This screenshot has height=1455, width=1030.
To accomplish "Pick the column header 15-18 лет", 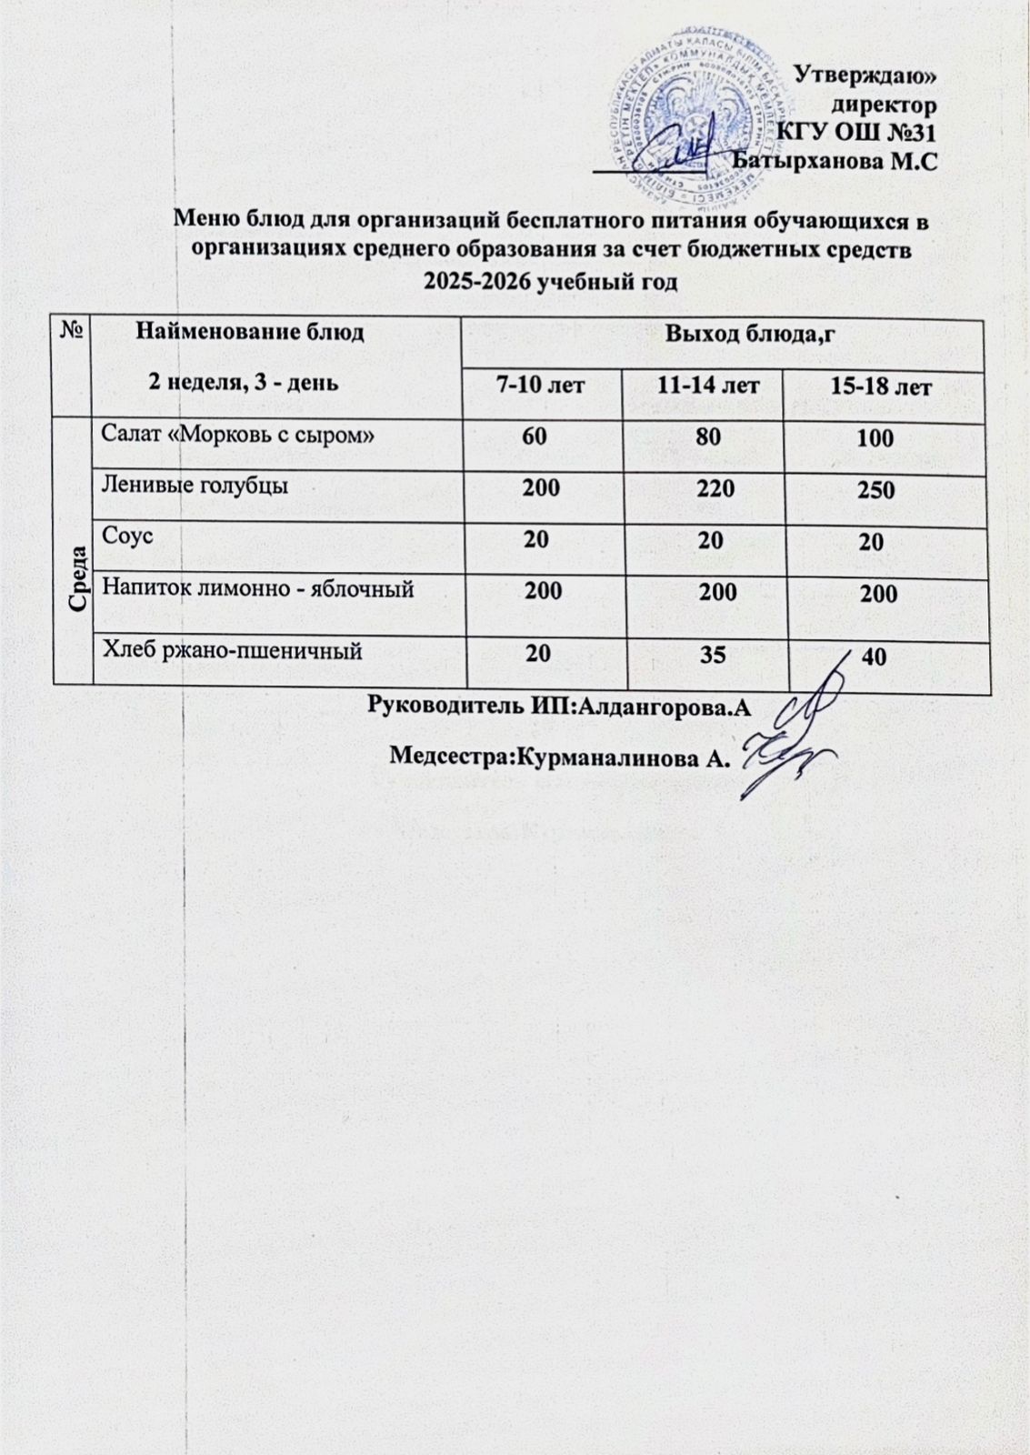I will (x=881, y=387).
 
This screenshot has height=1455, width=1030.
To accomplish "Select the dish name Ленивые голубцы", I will (x=195, y=485).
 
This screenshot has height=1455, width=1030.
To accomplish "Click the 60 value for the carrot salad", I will (x=535, y=436).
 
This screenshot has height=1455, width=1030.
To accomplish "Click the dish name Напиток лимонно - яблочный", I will (x=258, y=588).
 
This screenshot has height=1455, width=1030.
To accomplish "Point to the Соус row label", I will (x=127, y=536).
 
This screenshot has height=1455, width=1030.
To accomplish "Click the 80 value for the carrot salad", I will (x=709, y=436).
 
